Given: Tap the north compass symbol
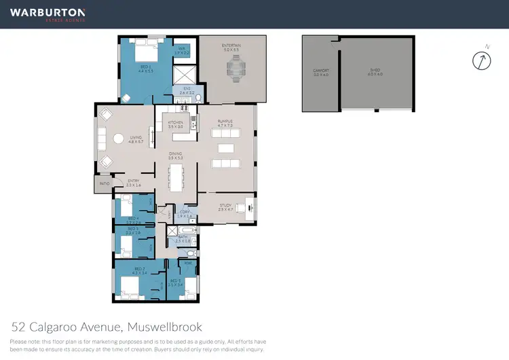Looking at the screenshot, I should point(481,60).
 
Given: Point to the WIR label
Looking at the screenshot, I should point(183,50).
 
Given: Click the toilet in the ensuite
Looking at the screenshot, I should point(197,98).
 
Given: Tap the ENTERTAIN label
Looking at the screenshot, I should point(232,46).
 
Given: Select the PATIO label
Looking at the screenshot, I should point(104,184).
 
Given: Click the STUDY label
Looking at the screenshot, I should point(225,206).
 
